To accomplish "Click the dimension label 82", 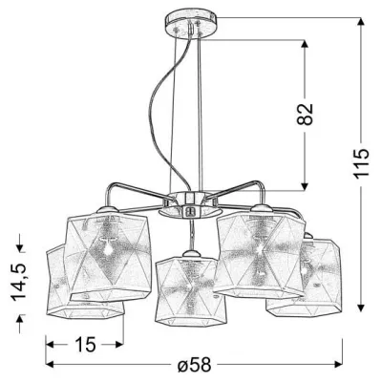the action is (x=305, y=114).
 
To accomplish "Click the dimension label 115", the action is (x=361, y=162).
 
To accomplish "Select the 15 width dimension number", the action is (x=85, y=344).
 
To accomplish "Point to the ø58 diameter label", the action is (x=194, y=364).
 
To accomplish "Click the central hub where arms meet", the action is (x=190, y=204).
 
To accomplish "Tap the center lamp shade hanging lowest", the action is (x=190, y=289).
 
